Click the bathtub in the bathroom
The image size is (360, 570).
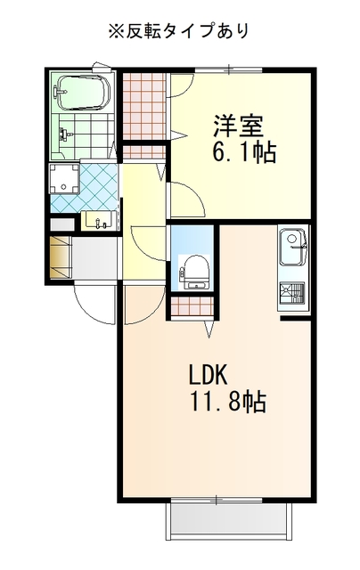tap(82, 93)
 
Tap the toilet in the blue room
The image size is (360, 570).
tap(194, 272)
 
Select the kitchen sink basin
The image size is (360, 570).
tap(293, 248)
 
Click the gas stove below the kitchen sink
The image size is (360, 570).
tap(292, 294)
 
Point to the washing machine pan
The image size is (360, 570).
tap(64, 179)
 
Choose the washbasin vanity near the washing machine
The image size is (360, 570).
tap(100, 220)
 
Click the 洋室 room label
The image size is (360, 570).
tap(238, 126)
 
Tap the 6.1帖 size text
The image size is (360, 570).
tap(243, 152)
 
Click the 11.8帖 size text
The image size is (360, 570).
tap(228, 402)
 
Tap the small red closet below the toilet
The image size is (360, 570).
tap(192, 306)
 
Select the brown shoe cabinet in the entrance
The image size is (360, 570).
tap(60, 257)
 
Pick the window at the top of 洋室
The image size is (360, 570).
tap(228, 69)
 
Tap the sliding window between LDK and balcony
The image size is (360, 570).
tap(217, 501)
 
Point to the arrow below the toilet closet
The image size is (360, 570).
tap(209, 329)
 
